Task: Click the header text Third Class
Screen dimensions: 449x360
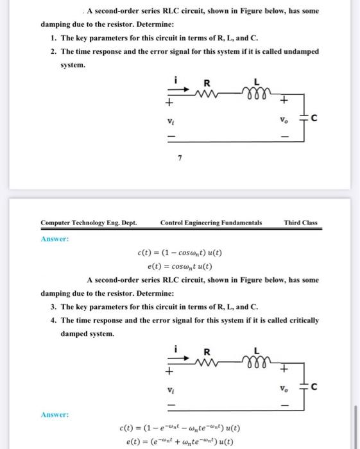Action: (x=301, y=223)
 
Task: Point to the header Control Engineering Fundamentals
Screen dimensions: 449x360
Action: (x=211, y=223)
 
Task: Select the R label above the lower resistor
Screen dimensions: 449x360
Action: (x=206, y=351)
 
